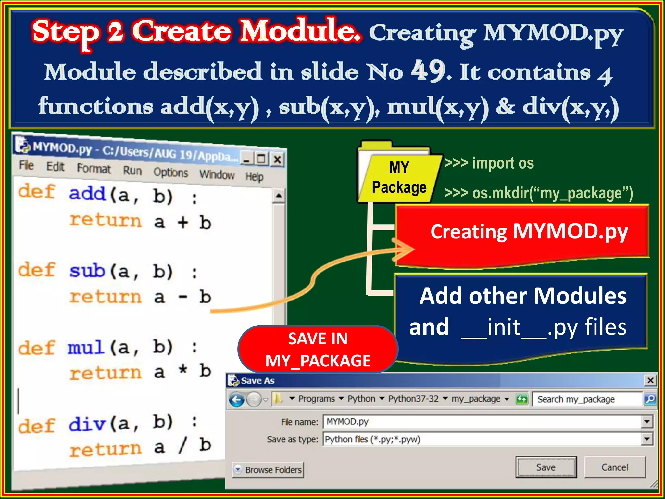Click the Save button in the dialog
point(546,467)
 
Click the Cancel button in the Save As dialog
point(615,467)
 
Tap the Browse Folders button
point(268,470)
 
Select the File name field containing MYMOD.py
point(482,422)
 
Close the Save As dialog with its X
point(650,380)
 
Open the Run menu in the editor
point(132,171)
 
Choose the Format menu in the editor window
point(94,168)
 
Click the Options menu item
point(170,173)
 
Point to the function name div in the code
point(87,424)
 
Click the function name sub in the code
point(87,271)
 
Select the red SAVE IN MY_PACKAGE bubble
point(318,350)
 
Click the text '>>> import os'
point(489,163)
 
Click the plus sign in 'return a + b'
point(183,223)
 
